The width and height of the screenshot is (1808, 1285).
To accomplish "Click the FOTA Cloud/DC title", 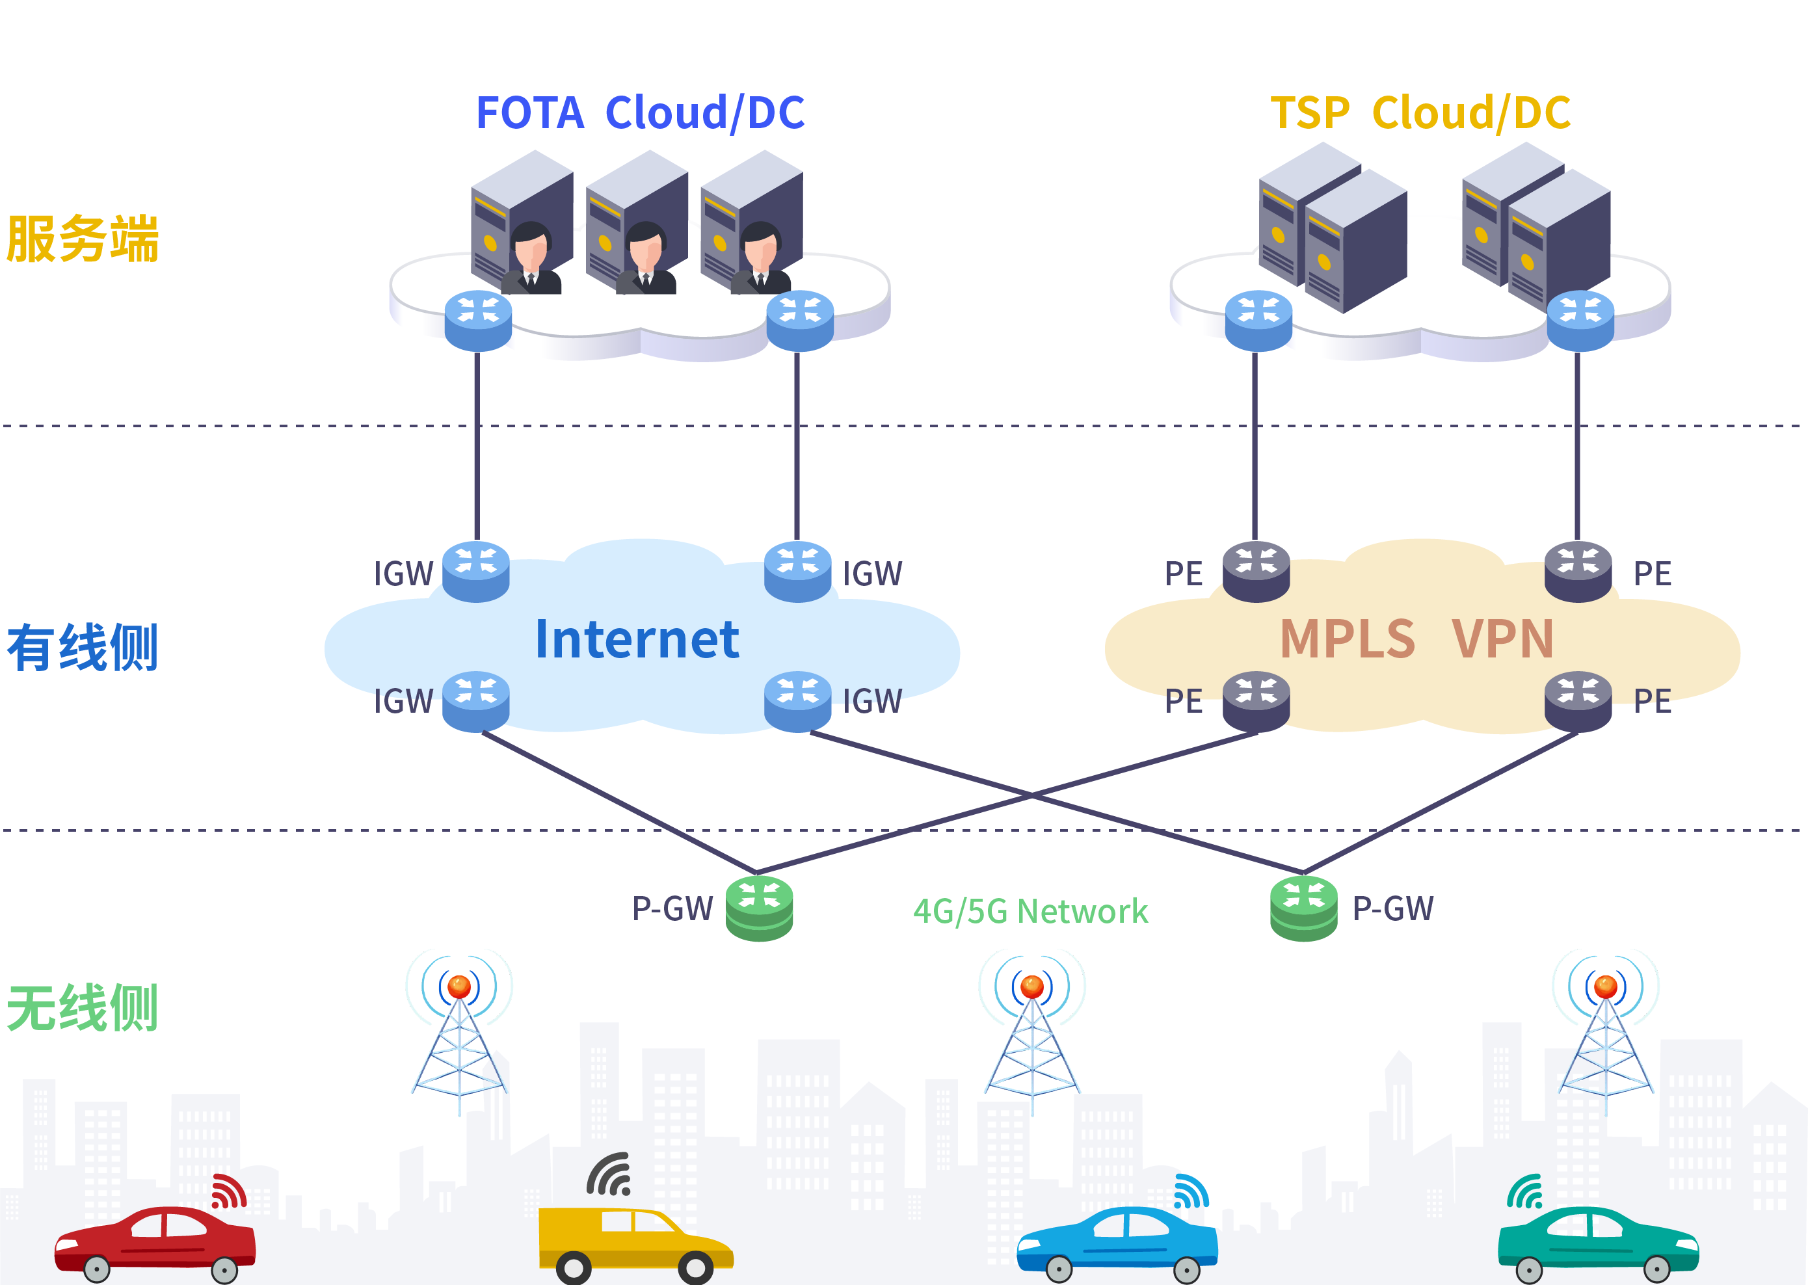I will click(639, 113).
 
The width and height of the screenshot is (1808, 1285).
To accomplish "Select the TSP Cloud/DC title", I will click(1420, 113).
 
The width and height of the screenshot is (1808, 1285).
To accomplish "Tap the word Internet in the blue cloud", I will click(637, 639).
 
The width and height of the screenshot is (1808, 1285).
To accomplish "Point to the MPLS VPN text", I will click(1416, 639).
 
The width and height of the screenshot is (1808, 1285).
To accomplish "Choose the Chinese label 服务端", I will click(83, 238).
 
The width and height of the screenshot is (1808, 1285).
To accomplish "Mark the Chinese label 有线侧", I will click(83, 647).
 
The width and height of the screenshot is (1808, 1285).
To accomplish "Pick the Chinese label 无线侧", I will click(83, 1008).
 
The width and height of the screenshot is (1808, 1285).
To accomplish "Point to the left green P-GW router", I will click(760, 908).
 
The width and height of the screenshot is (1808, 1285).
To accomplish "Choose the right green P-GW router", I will click(1304, 908).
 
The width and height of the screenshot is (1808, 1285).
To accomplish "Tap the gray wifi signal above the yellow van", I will click(609, 1174).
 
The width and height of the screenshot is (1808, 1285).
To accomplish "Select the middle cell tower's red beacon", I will click(1031, 987).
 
